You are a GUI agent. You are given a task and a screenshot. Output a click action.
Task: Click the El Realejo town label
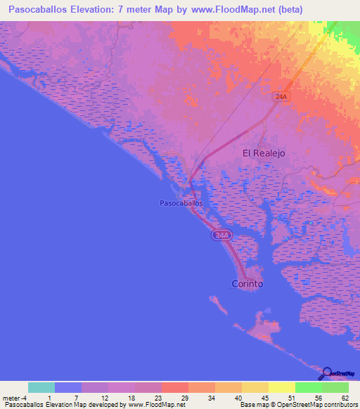click(x=265, y=152)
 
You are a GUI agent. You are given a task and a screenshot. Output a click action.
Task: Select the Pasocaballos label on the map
click(x=181, y=202)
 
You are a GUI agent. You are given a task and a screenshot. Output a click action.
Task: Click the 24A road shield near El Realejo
click(x=281, y=97)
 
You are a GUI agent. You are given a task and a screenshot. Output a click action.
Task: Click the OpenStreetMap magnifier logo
click(x=328, y=374)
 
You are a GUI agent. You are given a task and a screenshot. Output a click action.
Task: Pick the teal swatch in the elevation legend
click(x=41, y=387)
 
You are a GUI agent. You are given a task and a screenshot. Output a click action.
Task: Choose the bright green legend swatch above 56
click(x=308, y=387)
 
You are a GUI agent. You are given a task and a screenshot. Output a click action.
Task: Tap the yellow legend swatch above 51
click(x=281, y=387)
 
